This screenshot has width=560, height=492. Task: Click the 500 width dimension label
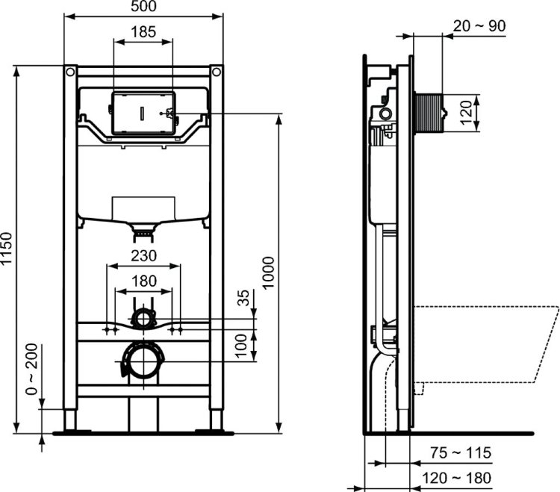click(143, 7)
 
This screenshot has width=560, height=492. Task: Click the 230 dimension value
click(143, 255)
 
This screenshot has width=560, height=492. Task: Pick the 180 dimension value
click(143, 281)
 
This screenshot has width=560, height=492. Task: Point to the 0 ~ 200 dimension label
click(30, 373)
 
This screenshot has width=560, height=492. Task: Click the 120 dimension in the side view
click(466, 112)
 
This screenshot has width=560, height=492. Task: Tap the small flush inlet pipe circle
click(143, 319)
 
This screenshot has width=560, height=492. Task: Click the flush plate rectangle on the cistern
click(142, 113)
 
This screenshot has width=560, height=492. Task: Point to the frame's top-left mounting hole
click(70, 72)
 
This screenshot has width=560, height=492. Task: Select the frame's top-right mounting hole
click(217, 72)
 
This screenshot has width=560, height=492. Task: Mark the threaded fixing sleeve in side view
click(429, 113)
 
